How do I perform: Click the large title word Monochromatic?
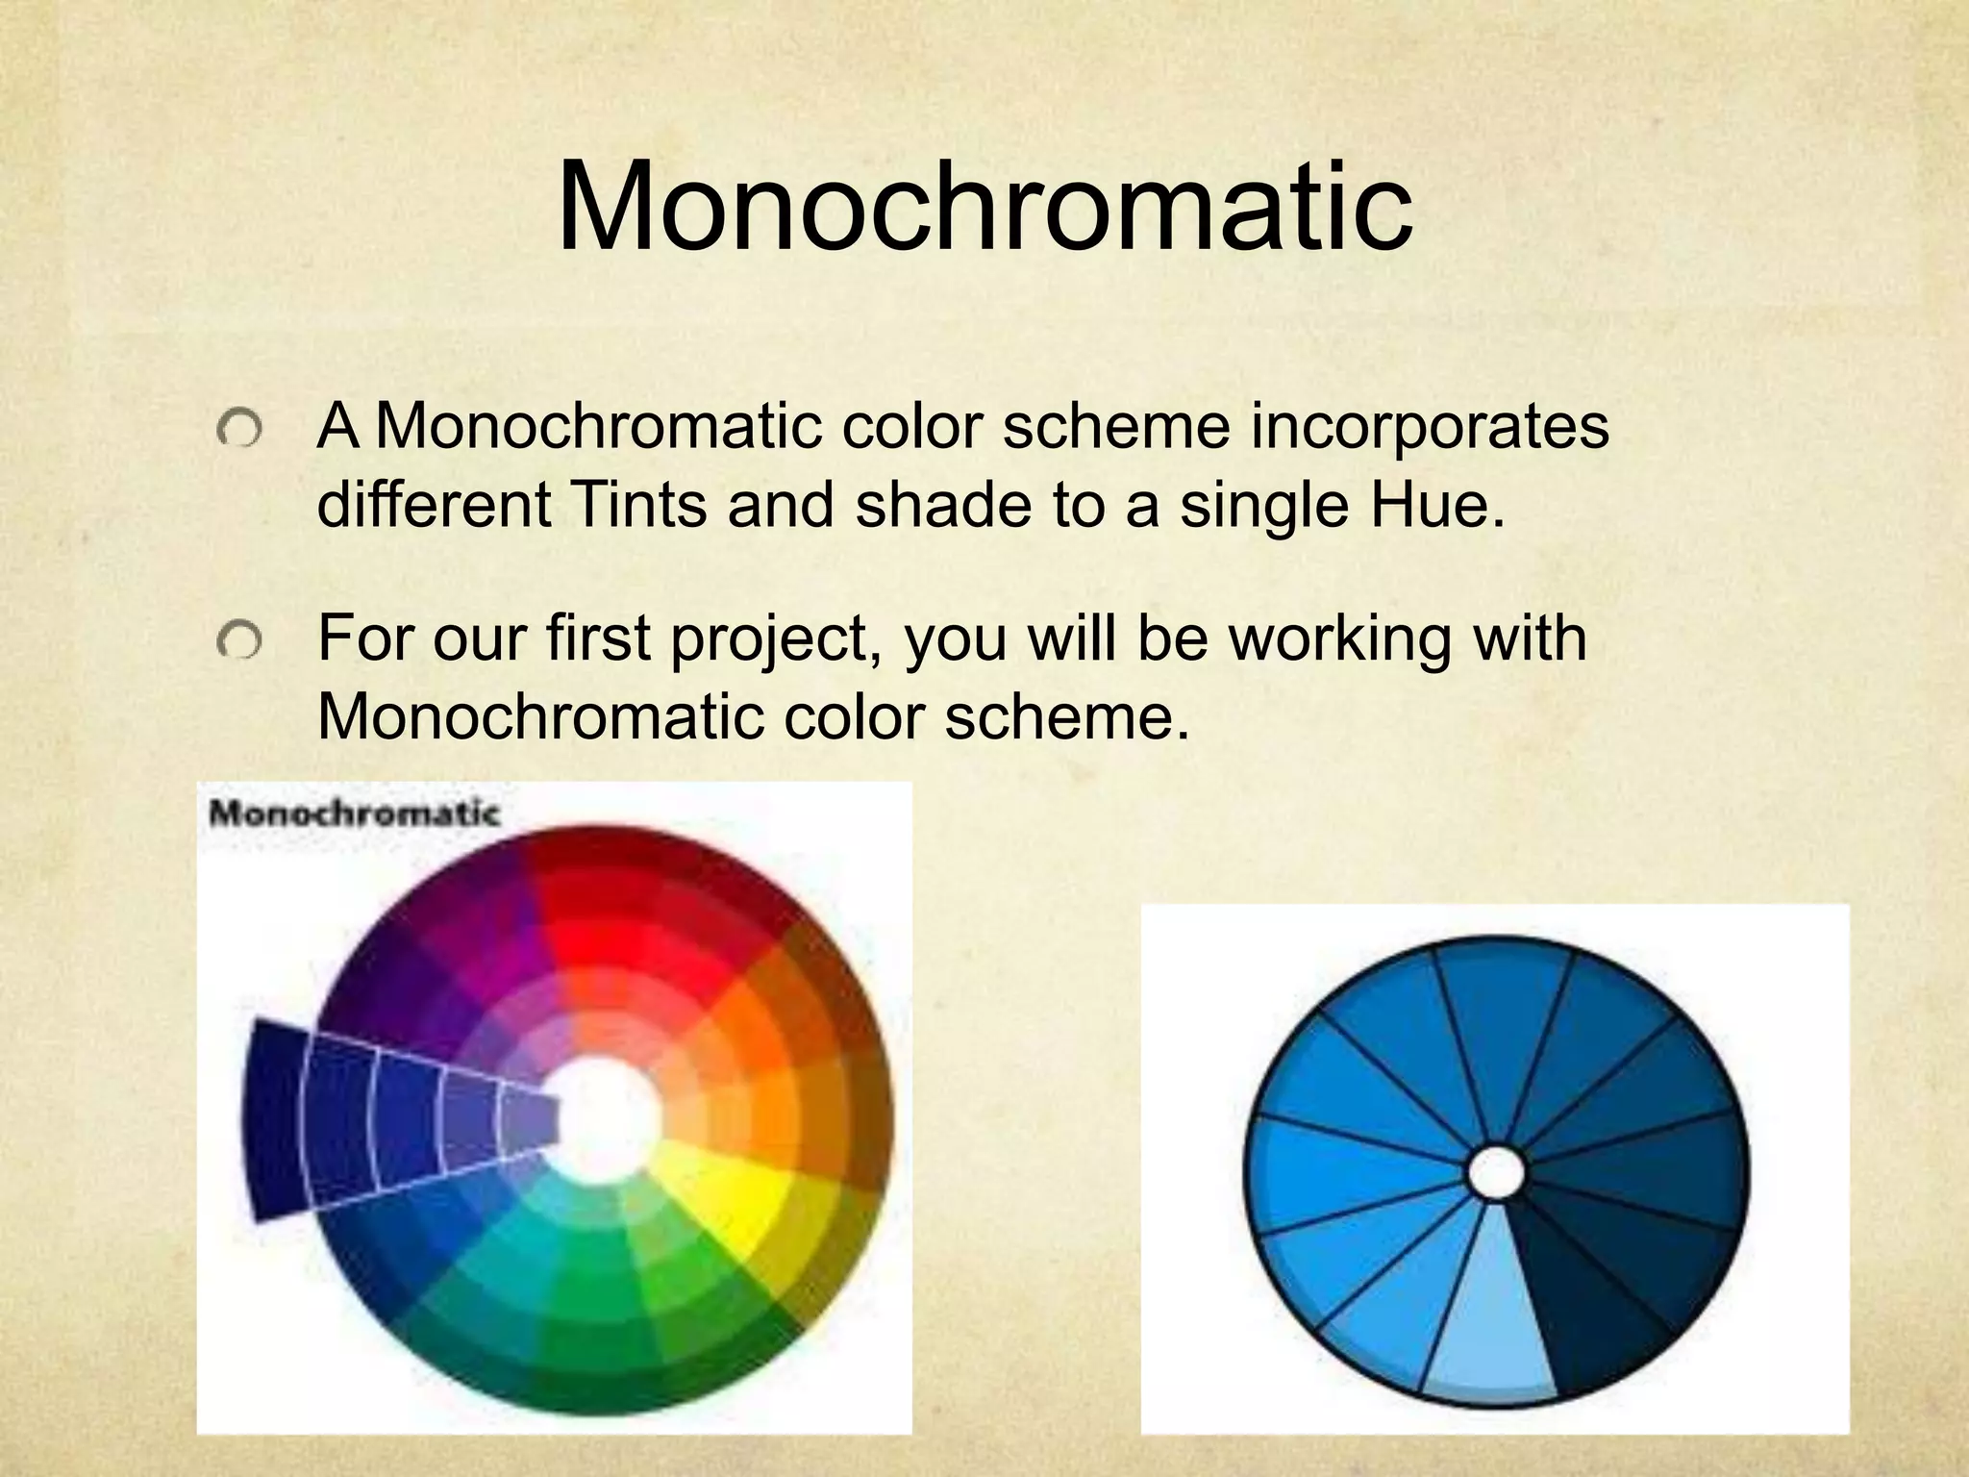click(984, 208)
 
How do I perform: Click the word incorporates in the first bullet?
click(1429, 426)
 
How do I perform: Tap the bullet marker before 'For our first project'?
click(238, 640)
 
